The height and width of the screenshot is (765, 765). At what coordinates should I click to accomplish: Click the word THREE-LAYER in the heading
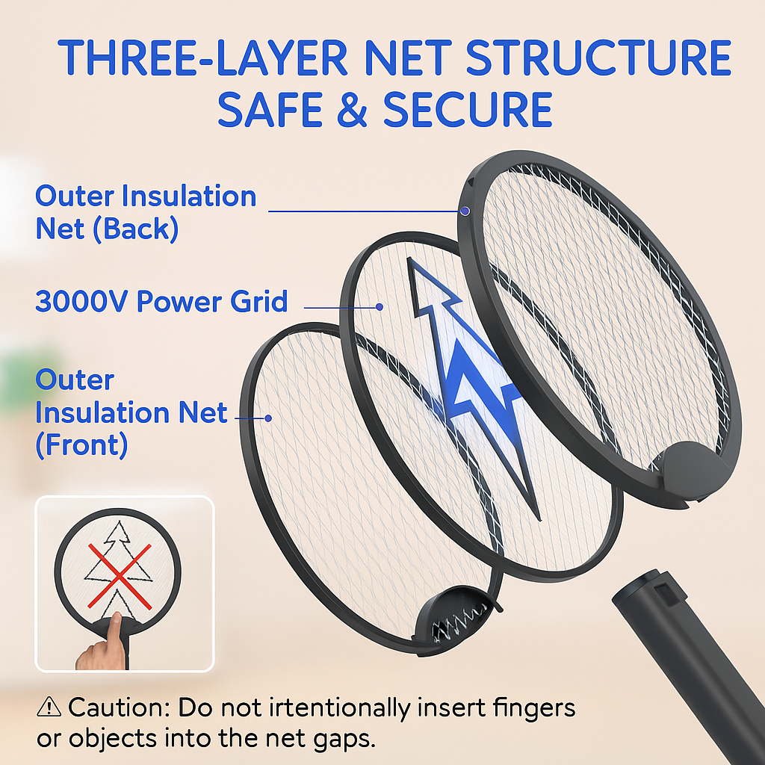202,58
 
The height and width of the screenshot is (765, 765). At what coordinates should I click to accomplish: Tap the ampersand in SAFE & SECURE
352,109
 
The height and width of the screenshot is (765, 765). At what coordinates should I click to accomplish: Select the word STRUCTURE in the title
598,58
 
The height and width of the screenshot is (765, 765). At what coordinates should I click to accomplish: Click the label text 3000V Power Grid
161,301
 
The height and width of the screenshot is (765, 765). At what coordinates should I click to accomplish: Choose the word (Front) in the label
82,445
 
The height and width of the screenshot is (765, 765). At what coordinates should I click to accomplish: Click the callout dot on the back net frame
465,211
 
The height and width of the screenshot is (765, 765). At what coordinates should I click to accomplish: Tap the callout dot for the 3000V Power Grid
379,307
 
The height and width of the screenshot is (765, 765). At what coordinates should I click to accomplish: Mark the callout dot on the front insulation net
268,418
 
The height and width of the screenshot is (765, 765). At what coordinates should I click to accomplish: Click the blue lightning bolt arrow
468,385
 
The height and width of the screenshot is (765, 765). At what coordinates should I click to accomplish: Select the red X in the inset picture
120,576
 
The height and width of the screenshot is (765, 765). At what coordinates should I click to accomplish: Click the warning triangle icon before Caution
49,707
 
